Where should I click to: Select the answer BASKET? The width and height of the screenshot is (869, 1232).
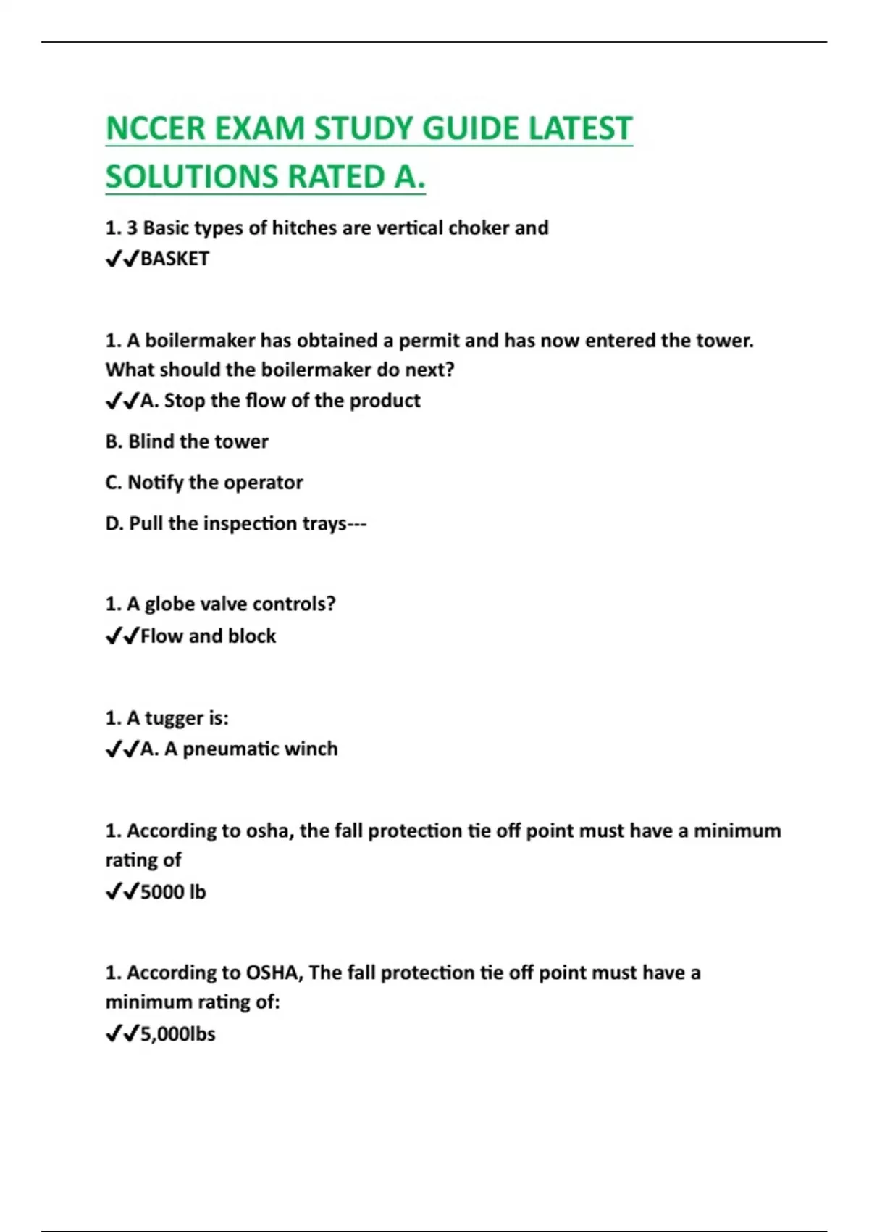tap(175, 259)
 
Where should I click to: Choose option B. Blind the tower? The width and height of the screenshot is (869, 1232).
tap(187, 441)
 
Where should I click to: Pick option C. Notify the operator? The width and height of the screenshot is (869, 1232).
tap(204, 483)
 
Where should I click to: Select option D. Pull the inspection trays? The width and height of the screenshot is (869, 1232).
tap(235, 523)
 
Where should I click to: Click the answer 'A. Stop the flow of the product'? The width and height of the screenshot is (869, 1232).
tap(280, 401)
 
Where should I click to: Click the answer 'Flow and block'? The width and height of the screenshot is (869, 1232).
tap(208, 636)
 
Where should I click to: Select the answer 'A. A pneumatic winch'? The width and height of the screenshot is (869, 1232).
tap(239, 749)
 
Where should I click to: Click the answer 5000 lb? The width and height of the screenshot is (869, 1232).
tap(173, 892)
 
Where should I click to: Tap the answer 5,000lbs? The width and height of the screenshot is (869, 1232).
tap(178, 1034)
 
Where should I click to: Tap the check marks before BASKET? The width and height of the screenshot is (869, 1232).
tap(122, 259)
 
